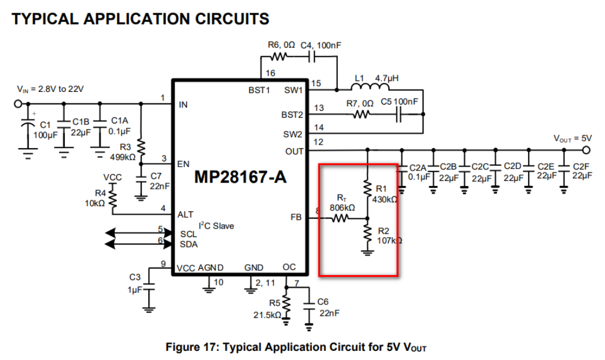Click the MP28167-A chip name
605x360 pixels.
240,177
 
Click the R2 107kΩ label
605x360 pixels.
388,236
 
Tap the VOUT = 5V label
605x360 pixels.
572,138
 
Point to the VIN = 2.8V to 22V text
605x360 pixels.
51,90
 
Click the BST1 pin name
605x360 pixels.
259,90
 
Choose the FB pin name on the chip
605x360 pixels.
296,218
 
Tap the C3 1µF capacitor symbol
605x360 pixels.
149,287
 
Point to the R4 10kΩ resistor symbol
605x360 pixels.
113,199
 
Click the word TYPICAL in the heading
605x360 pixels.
45,18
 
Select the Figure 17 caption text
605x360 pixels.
296,347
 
